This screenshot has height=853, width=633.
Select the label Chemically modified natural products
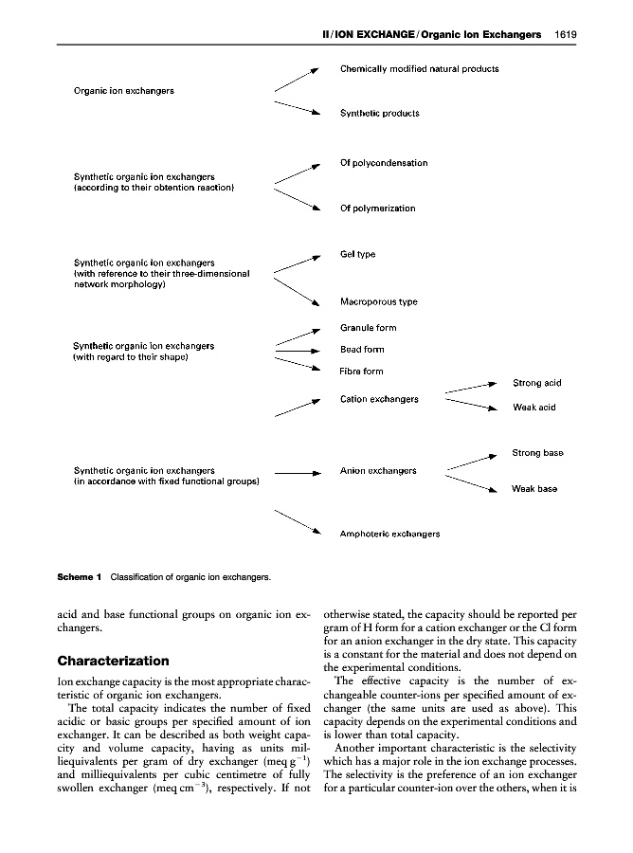[x=419, y=69]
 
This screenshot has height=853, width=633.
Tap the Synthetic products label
[x=379, y=113]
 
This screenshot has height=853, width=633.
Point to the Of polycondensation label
[x=383, y=163]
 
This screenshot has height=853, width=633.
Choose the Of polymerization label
[x=377, y=209]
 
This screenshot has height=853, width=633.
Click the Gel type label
[x=358, y=254]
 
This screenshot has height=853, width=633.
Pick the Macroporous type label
[x=378, y=302]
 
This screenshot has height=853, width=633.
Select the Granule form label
[x=368, y=328]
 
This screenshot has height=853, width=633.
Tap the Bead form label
[x=362, y=350]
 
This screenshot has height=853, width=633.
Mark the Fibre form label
[x=361, y=372]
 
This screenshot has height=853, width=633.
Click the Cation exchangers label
[x=379, y=399]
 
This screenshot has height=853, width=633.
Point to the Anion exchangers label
[x=378, y=471]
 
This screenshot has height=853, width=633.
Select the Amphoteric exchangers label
[x=389, y=534]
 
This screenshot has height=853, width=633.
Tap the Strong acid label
[x=536, y=383]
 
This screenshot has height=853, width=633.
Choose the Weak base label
[x=534, y=489]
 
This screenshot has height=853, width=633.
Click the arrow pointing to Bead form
[x=299, y=350]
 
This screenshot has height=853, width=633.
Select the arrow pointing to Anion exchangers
[x=299, y=471]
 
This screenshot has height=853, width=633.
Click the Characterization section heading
[x=113, y=660]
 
